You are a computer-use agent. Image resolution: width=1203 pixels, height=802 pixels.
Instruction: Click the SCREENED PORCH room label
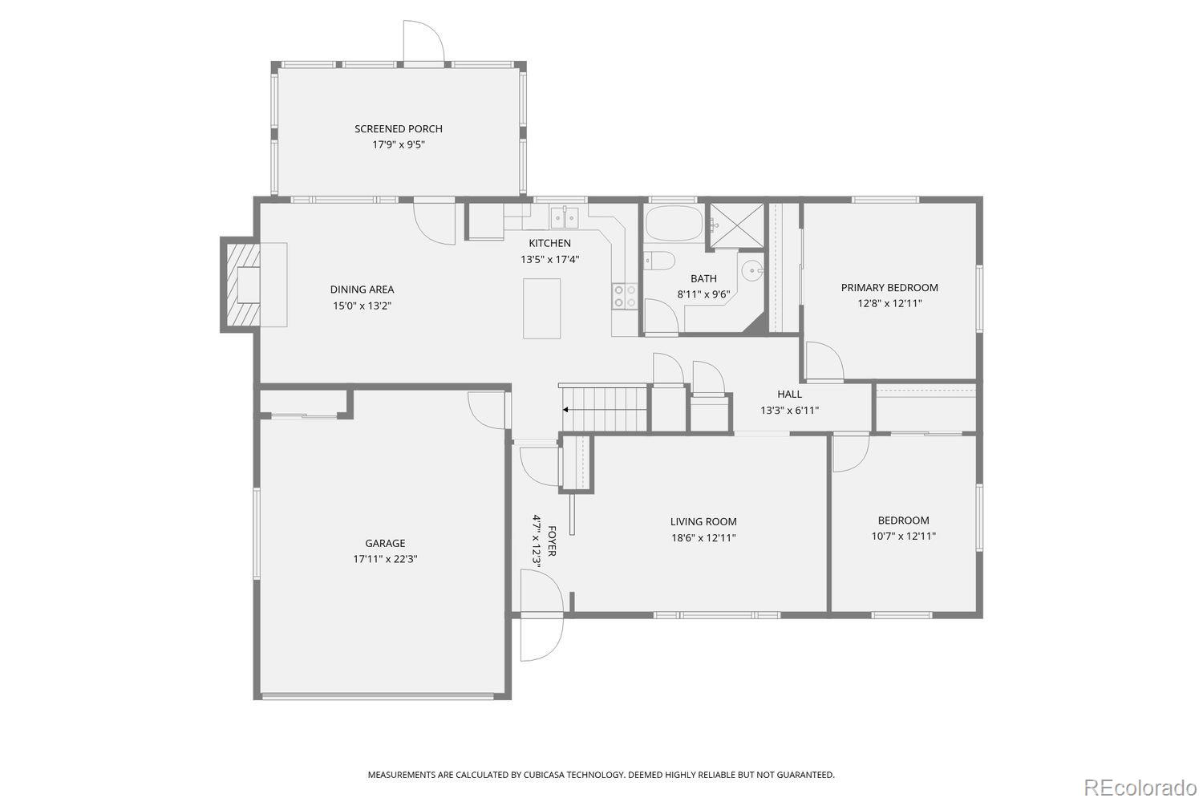[x=399, y=129]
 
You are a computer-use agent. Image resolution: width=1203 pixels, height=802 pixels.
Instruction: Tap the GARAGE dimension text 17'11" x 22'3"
[x=385, y=559]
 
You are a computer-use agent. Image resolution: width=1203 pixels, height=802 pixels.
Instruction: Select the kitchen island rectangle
[x=541, y=308]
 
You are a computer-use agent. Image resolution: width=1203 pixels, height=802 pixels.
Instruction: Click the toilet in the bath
[x=660, y=261]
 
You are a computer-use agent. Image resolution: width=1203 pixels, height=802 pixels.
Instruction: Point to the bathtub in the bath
[x=674, y=223]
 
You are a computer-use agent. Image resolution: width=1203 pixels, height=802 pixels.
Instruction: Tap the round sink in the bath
[x=751, y=269]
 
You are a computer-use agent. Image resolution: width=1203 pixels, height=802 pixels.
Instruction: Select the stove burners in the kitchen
[x=625, y=297]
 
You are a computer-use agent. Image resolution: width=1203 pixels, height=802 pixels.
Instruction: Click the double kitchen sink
[x=565, y=217]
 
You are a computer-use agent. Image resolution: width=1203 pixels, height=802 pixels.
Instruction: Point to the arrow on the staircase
[x=565, y=410]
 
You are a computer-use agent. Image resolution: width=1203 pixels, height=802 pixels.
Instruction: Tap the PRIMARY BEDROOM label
[x=889, y=288]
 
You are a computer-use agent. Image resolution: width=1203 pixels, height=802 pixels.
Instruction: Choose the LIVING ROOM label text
[x=703, y=522]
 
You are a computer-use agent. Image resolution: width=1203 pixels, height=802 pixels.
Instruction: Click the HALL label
[x=789, y=394]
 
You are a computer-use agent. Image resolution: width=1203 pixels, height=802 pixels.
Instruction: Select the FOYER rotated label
[x=551, y=541]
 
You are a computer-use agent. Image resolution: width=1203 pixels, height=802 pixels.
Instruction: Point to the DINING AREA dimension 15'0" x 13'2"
[x=362, y=306]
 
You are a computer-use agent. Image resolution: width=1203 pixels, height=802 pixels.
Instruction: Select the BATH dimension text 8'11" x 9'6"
[x=703, y=294]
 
